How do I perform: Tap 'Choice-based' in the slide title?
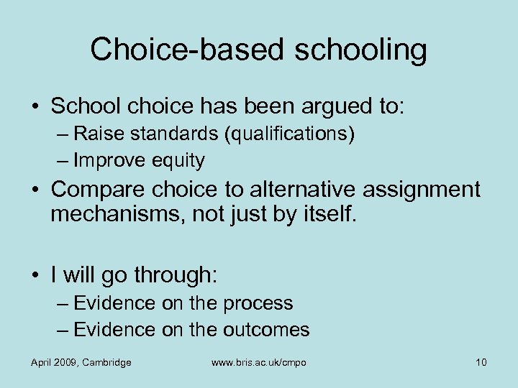[172, 50]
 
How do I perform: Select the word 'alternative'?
[302, 190]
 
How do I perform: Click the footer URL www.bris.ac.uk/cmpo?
[259, 362]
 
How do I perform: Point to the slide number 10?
[481, 362]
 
